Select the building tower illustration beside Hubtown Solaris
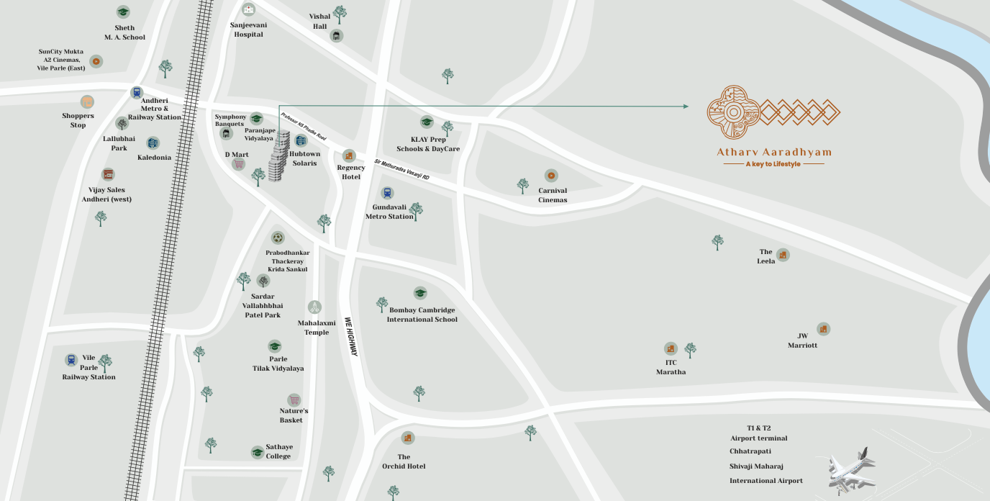(279, 156)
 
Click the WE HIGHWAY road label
(351, 337)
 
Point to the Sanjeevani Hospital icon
(248, 10)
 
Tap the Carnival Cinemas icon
(551, 176)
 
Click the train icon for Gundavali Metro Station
(388, 193)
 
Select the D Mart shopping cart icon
(238, 164)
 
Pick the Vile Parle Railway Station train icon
(71, 360)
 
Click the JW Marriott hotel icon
(823, 329)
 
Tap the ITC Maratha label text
(671, 367)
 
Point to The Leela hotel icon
(783, 255)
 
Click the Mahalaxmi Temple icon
(314, 307)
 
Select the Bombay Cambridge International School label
(422, 315)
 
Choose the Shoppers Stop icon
(87, 102)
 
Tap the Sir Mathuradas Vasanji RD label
(401, 170)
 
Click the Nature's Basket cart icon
(294, 400)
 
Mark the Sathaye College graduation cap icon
(257, 452)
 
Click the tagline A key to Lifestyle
(773, 164)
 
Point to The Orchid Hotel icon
(408, 438)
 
